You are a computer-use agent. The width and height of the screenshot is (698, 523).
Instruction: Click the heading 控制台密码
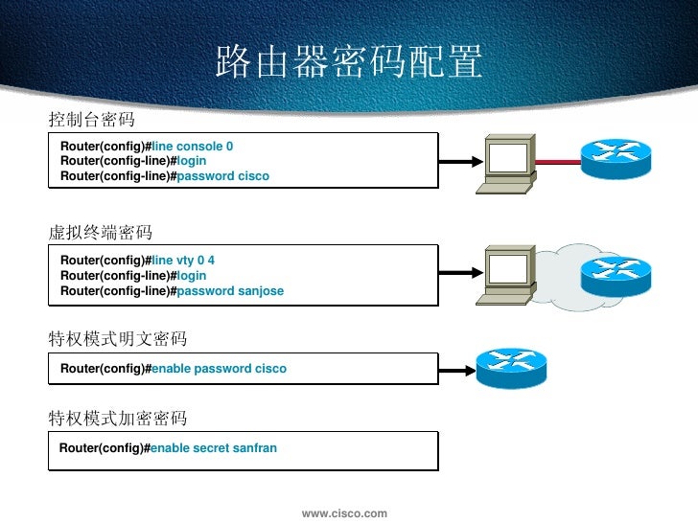(x=92, y=120)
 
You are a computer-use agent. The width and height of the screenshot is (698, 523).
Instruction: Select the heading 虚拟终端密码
(x=101, y=233)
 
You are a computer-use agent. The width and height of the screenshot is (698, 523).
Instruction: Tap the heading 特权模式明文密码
(x=118, y=339)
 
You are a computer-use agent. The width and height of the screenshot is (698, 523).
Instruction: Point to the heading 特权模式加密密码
(x=118, y=419)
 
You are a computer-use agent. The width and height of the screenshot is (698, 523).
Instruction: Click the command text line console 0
(x=193, y=147)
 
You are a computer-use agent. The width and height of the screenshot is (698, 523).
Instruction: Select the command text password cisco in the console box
(x=223, y=176)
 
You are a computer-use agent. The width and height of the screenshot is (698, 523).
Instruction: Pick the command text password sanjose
(x=231, y=291)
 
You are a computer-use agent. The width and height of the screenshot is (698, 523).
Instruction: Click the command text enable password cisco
(x=220, y=369)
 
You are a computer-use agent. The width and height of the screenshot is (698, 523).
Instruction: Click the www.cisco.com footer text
(x=345, y=514)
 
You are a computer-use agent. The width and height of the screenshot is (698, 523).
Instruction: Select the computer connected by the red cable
(x=508, y=164)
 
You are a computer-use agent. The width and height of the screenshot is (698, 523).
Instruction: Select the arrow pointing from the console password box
(x=458, y=163)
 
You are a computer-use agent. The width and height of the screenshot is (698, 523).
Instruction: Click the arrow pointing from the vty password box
(x=458, y=275)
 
